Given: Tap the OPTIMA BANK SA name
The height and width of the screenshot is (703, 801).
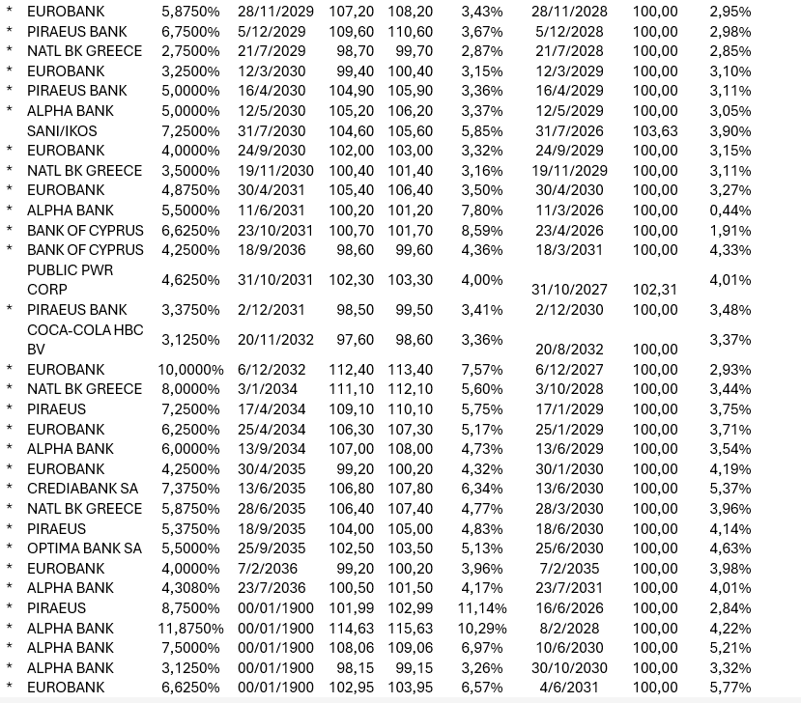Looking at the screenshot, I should tap(84, 548).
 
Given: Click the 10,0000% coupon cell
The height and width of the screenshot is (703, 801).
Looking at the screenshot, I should tap(192, 370).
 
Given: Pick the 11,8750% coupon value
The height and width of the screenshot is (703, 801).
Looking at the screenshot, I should tap(192, 629).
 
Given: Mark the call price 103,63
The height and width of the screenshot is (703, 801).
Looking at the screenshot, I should tap(655, 130).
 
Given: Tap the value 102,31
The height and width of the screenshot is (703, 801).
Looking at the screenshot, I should tap(655, 290).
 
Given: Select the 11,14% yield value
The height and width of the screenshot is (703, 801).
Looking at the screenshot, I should tap(481, 608).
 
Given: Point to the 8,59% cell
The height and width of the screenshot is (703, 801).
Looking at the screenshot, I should tap(481, 231).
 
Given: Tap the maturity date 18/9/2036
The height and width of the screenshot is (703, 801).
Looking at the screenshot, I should tap(272, 250).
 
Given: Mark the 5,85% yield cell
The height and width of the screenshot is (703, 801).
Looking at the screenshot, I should tap(481, 130).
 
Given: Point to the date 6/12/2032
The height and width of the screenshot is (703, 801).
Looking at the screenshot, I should tap(272, 370).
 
